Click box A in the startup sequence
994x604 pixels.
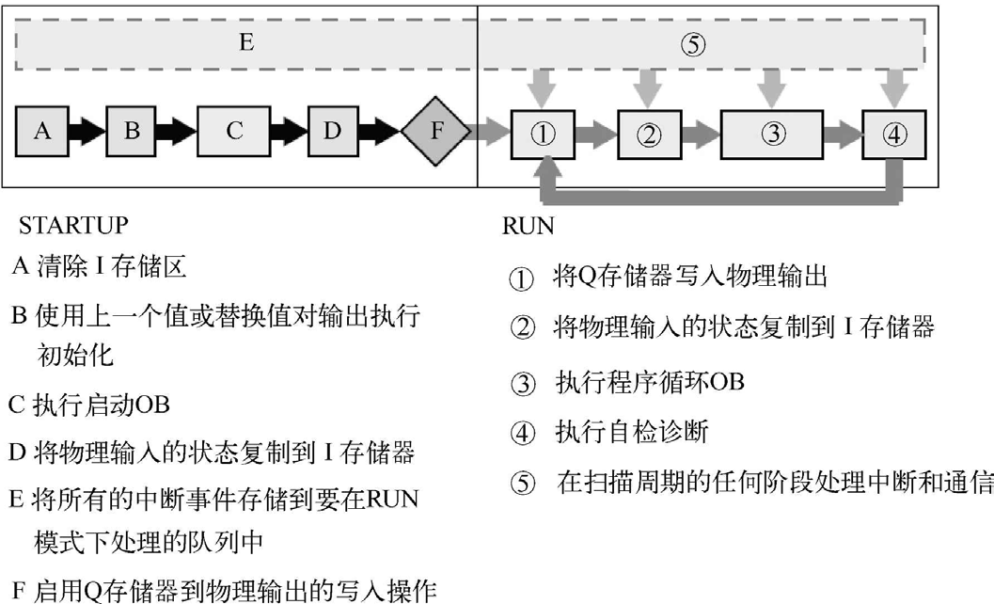pyautogui.click(x=42, y=131)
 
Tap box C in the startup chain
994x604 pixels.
pyautogui.click(x=234, y=131)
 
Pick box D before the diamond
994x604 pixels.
pyautogui.click(x=332, y=131)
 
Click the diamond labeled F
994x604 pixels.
pyautogui.click(x=435, y=132)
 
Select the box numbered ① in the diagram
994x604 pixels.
pyautogui.click(x=544, y=134)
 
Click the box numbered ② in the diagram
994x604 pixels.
pyautogui.click(x=649, y=134)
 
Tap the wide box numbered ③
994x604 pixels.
pyautogui.click(x=773, y=134)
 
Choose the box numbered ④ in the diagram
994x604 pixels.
pyautogui.click(x=893, y=134)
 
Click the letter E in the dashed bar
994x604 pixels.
pyautogui.click(x=246, y=42)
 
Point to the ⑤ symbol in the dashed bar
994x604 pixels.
pyautogui.click(x=691, y=44)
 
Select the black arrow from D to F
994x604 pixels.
pyautogui.click(x=381, y=131)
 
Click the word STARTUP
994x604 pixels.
pyautogui.click(x=73, y=226)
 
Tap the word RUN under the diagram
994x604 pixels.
pyautogui.click(x=528, y=226)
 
